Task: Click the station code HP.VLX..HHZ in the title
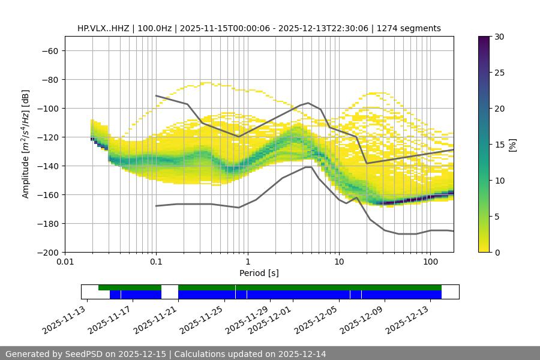[105, 28]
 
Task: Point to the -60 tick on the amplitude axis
[49, 50]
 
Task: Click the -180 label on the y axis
[47, 223]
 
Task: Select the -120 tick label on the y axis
[47, 137]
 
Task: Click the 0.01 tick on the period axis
[65, 262]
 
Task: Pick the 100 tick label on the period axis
[430, 262]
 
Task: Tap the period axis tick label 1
[247, 262]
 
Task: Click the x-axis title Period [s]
[259, 273]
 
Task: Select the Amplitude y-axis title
[26, 144]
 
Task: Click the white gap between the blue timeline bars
[170, 294]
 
